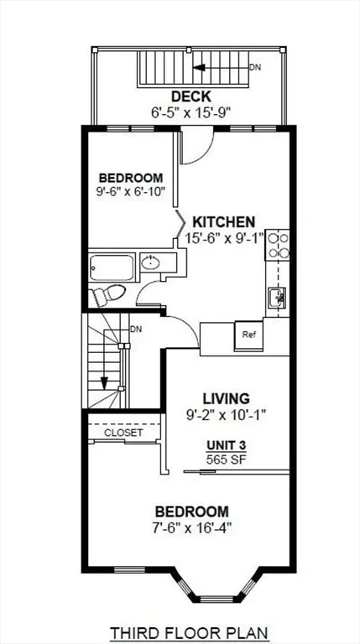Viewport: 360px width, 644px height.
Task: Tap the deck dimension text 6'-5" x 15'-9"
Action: pyautogui.click(x=191, y=112)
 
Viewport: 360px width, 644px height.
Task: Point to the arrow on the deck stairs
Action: pyautogui.click(x=221, y=67)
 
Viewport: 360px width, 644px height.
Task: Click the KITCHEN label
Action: pyautogui.click(x=224, y=222)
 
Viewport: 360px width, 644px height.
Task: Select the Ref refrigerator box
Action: pyautogui.click(x=248, y=335)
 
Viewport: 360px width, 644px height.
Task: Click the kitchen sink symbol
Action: pyautogui.click(x=277, y=296)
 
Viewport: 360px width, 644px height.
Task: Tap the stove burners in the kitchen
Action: pyautogui.click(x=278, y=245)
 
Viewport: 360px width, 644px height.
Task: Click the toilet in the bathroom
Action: pyautogui.click(x=108, y=295)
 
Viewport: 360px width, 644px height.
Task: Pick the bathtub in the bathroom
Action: pyautogui.click(x=112, y=267)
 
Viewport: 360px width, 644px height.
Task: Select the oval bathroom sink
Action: pyautogui.click(x=152, y=262)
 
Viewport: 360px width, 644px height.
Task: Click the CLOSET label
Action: pyautogui.click(x=123, y=433)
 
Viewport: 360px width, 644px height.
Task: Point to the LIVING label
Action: pyautogui.click(x=226, y=398)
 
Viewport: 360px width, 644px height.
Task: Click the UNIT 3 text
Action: pyautogui.click(x=227, y=445)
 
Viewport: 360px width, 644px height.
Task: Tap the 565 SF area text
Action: pyautogui.click(x=227, y=460)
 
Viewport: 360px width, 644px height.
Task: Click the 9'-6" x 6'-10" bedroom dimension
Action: pyautogui.click(x=131, y=190)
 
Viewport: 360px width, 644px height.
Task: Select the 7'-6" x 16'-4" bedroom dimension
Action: pyautogui.click(x=192, y=527)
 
